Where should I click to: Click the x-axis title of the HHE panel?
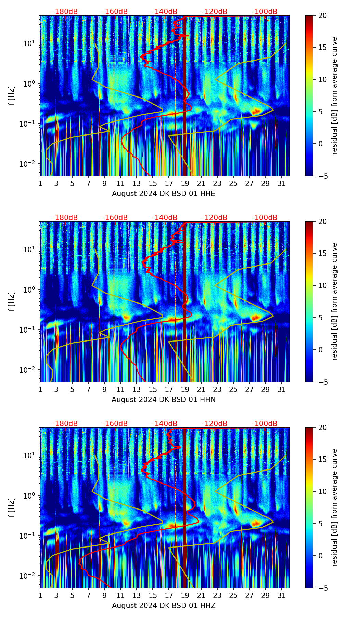163,194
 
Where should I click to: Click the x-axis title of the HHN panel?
163,400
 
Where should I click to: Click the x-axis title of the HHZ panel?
163,606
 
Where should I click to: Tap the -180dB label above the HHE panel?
65,12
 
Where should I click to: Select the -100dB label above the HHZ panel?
265,424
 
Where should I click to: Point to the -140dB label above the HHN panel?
165,218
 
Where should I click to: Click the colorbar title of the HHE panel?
334,95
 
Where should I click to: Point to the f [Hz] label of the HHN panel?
12,301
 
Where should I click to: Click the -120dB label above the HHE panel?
215,12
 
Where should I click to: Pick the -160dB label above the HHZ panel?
115,424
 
